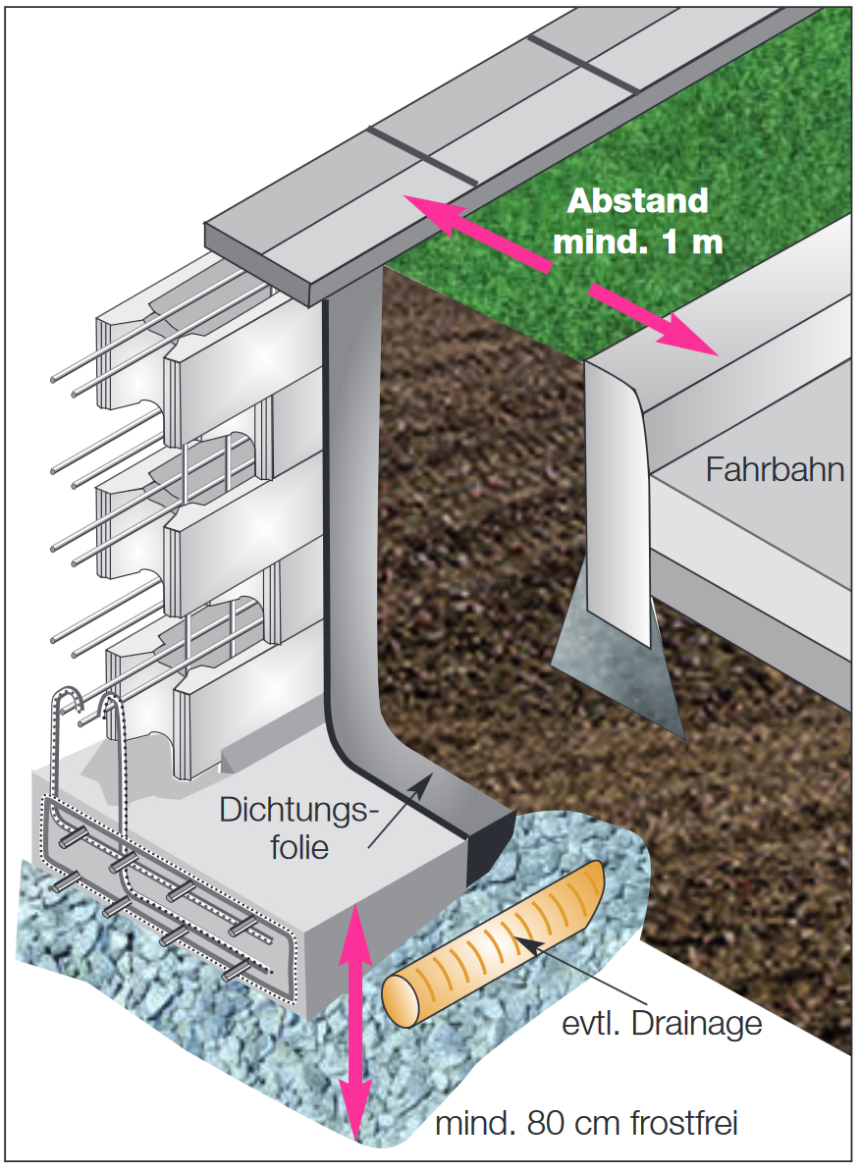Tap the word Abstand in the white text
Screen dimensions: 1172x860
[638, 200]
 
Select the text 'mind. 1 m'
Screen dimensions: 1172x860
[638, 240]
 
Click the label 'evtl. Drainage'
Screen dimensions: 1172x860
[663, 1024]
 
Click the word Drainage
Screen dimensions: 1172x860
[699, 1024]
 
